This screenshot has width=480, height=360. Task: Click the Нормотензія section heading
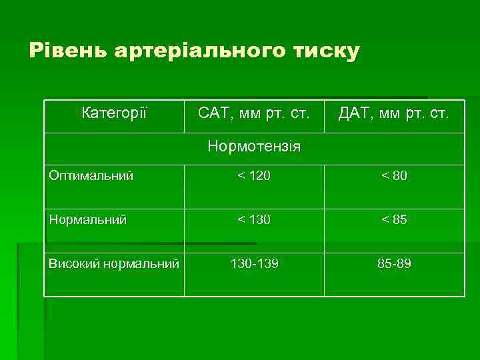[x=254, y=145]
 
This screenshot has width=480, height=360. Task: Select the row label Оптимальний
[x=91, y=176]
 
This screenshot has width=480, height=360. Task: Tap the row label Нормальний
[x=88, y=219]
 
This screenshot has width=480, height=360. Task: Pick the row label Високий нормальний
[x=114, y=264]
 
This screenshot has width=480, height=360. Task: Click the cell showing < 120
[x=254, y=176]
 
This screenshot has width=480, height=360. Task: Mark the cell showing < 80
[x=394, y=176]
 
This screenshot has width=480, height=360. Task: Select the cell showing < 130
[x=254, y=219]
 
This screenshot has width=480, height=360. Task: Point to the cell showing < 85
[x=394, y=219]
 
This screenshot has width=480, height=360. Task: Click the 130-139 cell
[x=254, y=264]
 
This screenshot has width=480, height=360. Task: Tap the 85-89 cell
[x=394, y=264]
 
